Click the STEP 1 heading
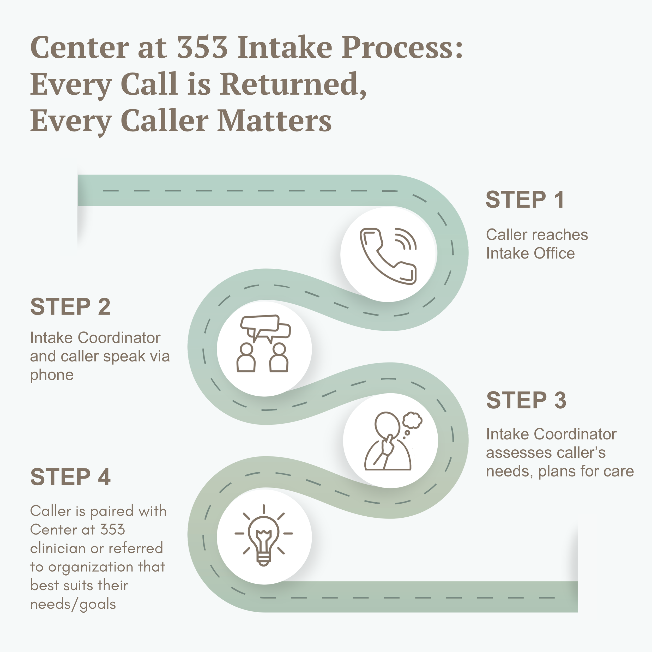pos(524,200)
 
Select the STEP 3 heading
pos(526,400)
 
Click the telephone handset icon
pos(388,256)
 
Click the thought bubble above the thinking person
pos(412,420)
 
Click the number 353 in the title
pos(202,47)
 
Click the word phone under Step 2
pos(52,375)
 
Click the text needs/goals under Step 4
pos(73,604)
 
